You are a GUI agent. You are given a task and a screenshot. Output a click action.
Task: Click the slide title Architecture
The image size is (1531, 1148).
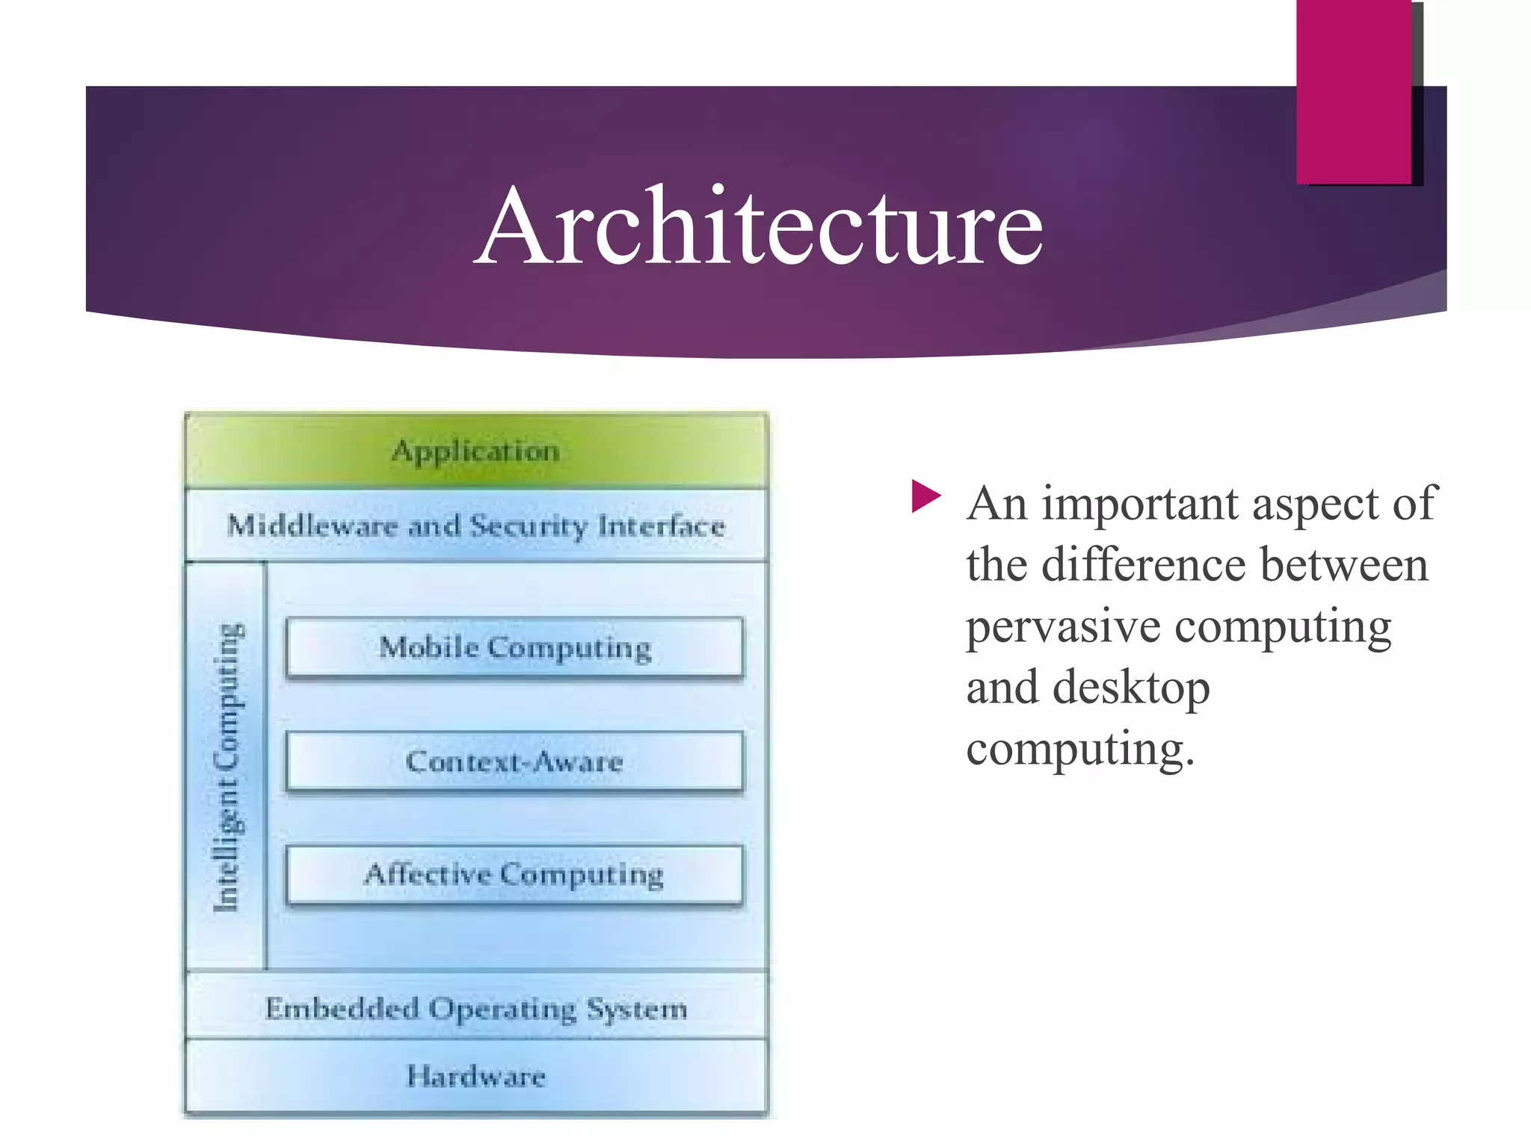pyautogui.click(x=759, y=226)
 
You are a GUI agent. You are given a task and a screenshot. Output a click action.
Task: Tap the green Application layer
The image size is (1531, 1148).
pyautogui.click(x=476, y=451)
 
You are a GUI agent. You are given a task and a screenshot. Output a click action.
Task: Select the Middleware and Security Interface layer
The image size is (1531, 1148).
pyautogui.click(x=476, y=525)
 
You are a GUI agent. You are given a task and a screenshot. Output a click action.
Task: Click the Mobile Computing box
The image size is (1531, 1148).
pyautogui.click(x=514, y=647)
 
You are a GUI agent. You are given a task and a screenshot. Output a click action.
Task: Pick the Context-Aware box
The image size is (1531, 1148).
pyautogui.click(x=514, y=761)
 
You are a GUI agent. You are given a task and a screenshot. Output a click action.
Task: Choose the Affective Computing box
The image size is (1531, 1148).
pyautogui.click(x=514, y=874)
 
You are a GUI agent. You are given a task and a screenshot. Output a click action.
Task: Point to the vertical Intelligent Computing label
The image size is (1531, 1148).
pyautogui.click(x=227, y=767)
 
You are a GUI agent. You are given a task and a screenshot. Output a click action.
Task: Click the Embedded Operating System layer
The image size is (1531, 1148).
pyautogui.click(x=476, y=1008)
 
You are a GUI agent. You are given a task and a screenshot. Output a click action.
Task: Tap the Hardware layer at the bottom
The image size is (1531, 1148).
pyautogui.click(x=476, y=1076)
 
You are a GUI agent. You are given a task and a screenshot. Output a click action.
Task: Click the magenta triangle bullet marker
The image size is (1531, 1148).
pyautogui.click(x=925, y=497)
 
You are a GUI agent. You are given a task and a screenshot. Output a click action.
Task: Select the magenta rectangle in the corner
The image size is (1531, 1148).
pyautogui.click(x=1354, y=90)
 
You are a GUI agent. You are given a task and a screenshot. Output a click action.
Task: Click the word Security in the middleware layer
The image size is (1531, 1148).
pyautogui.click(x=529, y=526)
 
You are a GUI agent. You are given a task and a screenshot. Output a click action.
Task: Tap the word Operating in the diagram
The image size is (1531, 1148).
pyautogui.click(x=502, y=1009)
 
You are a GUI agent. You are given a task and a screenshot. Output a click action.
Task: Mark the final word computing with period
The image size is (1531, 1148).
pyautogui.click(x=1080, y=749)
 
